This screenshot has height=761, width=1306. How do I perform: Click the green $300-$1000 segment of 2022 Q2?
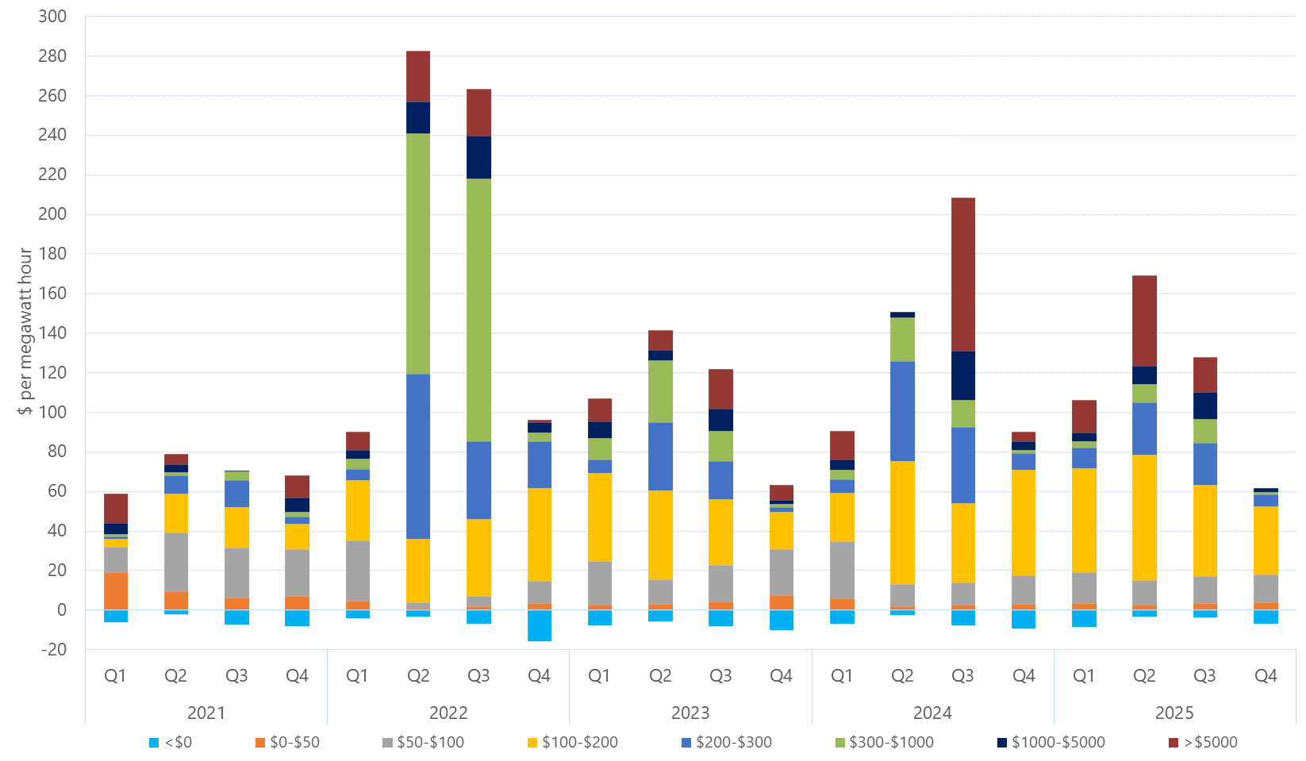(418, 253)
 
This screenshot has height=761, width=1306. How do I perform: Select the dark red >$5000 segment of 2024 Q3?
(962, 274)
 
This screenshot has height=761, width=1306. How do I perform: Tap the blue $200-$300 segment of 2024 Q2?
(902, 411)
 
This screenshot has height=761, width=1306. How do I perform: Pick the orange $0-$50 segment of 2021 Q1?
(116, 590)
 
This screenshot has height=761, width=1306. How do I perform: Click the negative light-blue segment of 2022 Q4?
(540, 625)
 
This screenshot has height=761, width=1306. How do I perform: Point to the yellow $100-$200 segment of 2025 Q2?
(1144, 517)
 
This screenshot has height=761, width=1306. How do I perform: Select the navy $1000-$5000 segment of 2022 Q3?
(478, 157)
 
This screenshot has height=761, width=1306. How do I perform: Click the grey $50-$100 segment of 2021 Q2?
(176, 562)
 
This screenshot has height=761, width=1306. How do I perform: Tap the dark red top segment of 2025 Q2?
(1144, 321)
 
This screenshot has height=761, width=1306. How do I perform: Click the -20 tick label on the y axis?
(52, 649)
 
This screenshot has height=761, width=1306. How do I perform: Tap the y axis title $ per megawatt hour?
(25, 331)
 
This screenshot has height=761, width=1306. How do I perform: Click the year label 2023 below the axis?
(690, 713)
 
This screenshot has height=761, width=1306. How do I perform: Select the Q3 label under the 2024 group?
(962, 676)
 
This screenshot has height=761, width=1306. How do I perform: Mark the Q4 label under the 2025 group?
(1266, 676)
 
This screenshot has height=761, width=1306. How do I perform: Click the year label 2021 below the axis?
(206, 713)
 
